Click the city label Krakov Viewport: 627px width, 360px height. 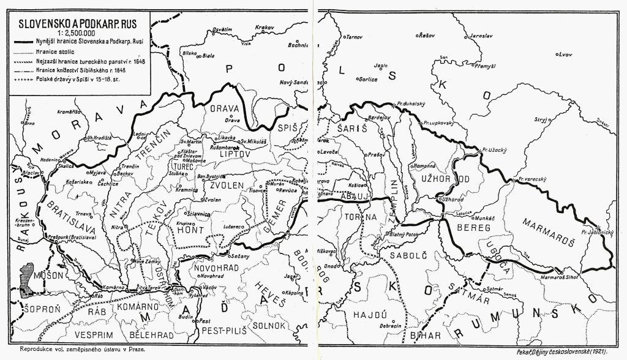point(264,28)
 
